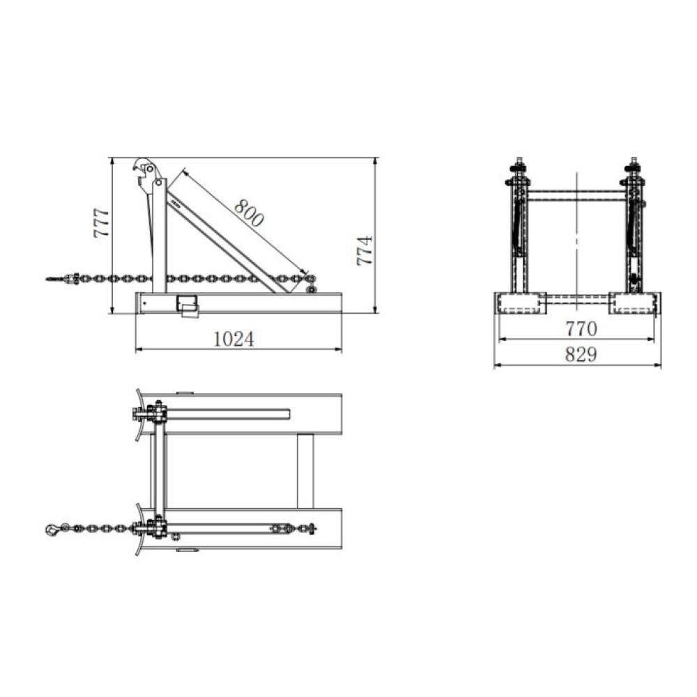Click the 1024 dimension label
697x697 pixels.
233,339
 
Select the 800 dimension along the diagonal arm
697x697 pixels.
249,213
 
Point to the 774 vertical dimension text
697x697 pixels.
365,250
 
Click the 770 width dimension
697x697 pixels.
580,328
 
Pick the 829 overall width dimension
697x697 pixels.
580,355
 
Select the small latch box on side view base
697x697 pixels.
188,304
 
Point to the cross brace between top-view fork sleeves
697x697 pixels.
305,470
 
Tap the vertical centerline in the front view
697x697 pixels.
577,237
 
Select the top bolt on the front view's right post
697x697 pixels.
634,167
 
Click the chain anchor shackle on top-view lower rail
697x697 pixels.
282,529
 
